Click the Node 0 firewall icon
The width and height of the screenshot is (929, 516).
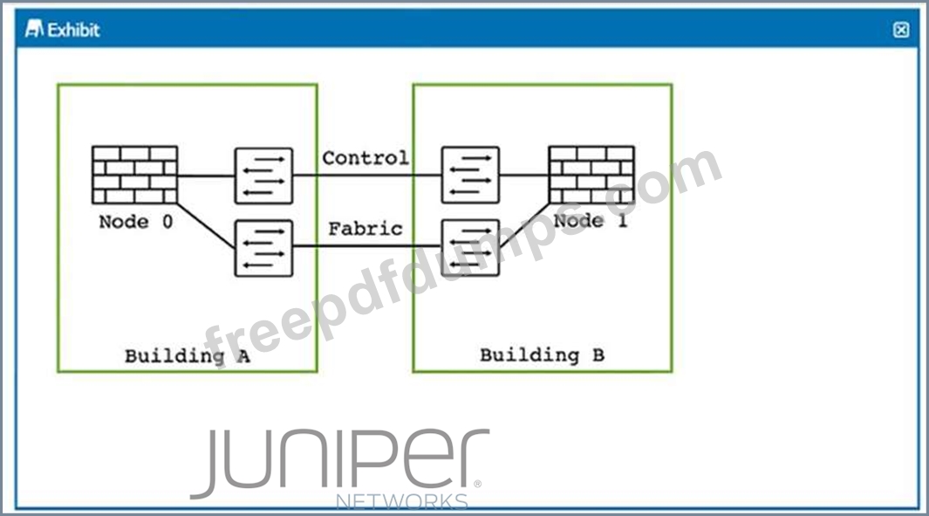pyautogui.click(x=134, y=175)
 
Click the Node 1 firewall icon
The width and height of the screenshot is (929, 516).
pyautogui.click(x=591, y=175)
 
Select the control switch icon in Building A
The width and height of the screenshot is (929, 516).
pyautogui.click(x=263, y=176)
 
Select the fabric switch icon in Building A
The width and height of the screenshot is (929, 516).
pyautogui.click(x=263, y=248)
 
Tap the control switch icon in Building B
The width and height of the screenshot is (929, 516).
pyautogui.click(x=470, y=175)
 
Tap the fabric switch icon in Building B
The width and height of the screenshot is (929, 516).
pyautogui.click(x=470, y=247)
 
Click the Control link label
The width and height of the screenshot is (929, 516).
pyautogui.click(x=365, y=158)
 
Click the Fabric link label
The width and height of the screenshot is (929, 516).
pyautogui.click(x=365, y=229)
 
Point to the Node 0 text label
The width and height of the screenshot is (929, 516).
pyautogui.click(x=136, y=222)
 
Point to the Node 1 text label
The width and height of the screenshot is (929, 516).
pyautogui.click(x=590, y=221)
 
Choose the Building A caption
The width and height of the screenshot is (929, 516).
pyautogui.click(x=188, y=356)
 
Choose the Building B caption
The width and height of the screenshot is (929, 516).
pyautogui.click(x=542, y=354)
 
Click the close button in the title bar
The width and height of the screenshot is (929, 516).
pyautogui.click(x=901, y=30)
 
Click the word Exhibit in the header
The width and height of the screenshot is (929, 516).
pyautogui.click(x=73, y=30)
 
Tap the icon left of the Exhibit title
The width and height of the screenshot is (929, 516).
pyautogui.click(x=34, y=29)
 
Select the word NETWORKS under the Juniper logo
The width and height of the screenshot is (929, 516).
pyautogui.click(x=402, y=501)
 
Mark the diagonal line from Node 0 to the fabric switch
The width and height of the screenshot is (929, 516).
pyautogui.click(x=206, y=226)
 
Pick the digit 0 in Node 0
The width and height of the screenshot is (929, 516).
pyautogui.click(x=167, y=222)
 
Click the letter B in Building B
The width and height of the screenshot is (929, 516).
pyautogui.click(x=598, y=354)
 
